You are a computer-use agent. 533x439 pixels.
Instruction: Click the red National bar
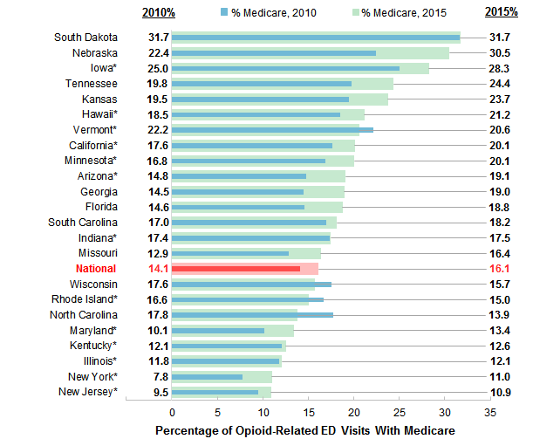(x=236, y=269)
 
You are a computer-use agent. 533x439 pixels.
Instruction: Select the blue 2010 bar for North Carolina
(x=252, y=315)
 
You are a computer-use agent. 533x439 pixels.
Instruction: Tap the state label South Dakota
(x=85, y=38)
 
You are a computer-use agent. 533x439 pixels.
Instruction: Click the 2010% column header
(x=158, y=12)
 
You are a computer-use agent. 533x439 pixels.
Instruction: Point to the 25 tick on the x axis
(x=399, y=411)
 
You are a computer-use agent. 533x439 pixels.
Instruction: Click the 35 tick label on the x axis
(x=489, y=411)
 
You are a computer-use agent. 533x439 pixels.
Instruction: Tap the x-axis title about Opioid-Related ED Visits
(x=305, y=430)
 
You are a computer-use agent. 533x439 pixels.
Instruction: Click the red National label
(x=96, y=269)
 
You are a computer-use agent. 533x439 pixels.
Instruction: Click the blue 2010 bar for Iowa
(x=285, y=68)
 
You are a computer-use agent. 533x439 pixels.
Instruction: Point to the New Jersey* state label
(x=87, y=392)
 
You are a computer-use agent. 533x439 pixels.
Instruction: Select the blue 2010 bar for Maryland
(x=218, y=331)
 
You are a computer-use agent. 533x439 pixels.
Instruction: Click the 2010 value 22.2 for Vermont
(x=158, y=130)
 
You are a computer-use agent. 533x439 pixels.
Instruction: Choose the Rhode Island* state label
(x=86, y=299)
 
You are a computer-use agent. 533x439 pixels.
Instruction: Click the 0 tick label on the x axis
(x=172, y=411)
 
